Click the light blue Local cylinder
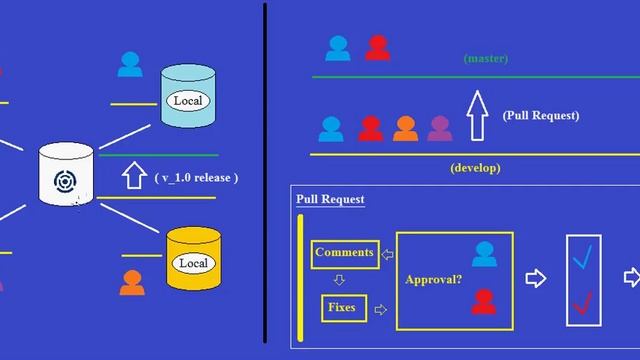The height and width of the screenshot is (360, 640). tap(188, 97)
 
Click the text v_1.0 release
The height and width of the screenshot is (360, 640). tap(196, 177)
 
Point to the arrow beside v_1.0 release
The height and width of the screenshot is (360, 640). tap(133, 177)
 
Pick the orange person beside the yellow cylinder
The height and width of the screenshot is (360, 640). tap(132, 282)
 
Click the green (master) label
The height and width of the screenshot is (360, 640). tap(486, 59)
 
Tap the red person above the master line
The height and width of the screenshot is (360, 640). tap(377, 47)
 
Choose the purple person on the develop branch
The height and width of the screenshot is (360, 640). tap(440, 128)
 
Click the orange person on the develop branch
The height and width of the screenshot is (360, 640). tap(405, 128)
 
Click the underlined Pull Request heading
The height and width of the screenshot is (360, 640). tap(330, 199)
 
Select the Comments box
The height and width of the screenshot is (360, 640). tap(344, 252)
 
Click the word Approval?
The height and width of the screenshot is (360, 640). tap(433, 280)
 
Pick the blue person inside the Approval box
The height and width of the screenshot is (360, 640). tap(484, 253)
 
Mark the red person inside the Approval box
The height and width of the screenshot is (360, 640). tap(484, 301)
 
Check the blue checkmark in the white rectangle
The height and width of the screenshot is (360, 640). tap(582, 257)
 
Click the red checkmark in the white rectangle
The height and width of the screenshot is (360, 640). tap(582, 301)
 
